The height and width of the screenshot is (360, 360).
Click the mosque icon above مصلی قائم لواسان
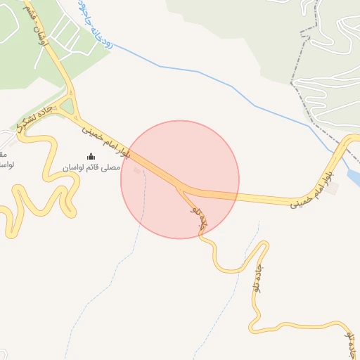click(x=91, y=156)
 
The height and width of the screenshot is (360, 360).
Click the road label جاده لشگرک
click(x=34, y=118)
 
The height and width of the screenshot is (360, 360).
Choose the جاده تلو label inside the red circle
click(x=200, y=216)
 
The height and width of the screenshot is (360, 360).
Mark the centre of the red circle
click(x=180, y=179)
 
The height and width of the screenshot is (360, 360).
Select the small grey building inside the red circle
click(x=137, y=169)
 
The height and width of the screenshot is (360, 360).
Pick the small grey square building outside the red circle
click(x=332, y=188)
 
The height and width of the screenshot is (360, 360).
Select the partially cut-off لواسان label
click(x=6, y=165)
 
